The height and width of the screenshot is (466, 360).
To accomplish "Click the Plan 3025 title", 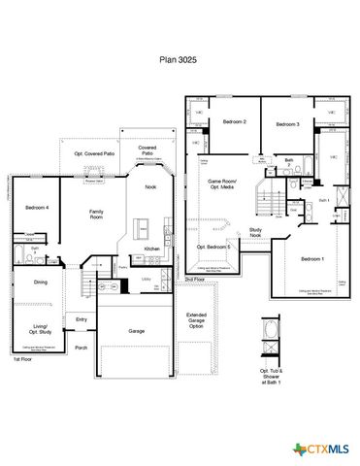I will pyautogui.click(x=180, y=59).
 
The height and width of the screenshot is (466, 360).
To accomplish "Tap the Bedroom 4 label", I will pyautogui.click(x=37, y=208).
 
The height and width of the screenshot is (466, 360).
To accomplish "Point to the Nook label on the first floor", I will pyautogui.click(x=150, y=186).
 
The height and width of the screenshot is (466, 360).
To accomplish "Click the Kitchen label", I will pyautogui.click(x=151, y=250).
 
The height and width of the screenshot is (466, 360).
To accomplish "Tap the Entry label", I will pyautogui.click(x=82, y=319).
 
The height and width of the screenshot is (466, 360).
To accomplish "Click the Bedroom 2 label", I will pyautogui.click(x=234, y=122).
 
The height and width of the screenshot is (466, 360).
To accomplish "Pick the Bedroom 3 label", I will pyautogui.click(x=285, y=125).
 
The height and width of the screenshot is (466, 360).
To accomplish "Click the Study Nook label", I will pyautogui.click(x=255, y=233).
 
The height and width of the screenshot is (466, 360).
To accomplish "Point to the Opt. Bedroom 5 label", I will pyautogui.click(x=214, y=247).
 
